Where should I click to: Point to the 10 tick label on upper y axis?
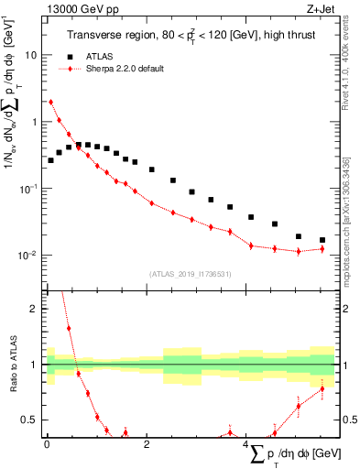[x=29, y=55]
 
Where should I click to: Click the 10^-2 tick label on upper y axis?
[x=27, y=255]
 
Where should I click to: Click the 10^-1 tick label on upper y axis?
[x=27, y=188]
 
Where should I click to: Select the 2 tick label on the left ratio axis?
[x=32, y=309]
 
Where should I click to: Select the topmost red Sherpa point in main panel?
[x=50, y=102]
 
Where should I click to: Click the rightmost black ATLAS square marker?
[x=322, y=240]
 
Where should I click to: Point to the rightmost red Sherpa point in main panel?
[x=322, y=248]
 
